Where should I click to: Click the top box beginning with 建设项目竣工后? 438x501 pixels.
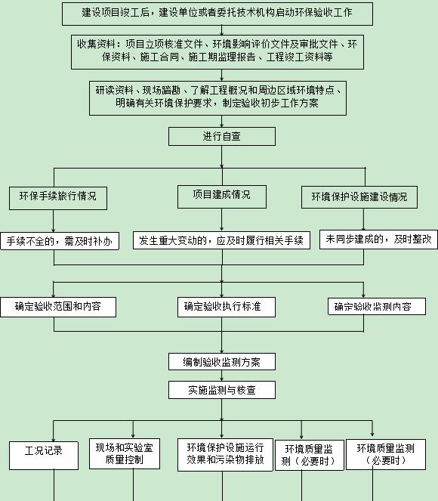pyautogui.click(x=217, y=14)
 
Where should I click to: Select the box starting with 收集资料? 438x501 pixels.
pyautogui.click(x=217, y=51)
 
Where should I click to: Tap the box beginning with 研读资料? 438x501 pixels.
pyautogui.click(x=217, y=97)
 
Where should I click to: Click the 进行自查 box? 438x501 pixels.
pyautogui.click(x=222, y=137)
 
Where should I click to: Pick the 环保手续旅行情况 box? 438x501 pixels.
pyautogui.click(x=58, y=198)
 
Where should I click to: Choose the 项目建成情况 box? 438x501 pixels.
pyautogui.click(x=222, y=196)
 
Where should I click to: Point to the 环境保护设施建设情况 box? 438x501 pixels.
pyautogui.click(x=359, y=197)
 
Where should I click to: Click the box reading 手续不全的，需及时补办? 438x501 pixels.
pyautogui.click(x=60, y=241)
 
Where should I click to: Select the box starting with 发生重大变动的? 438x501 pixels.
pyautogui.click(x=221, y=240)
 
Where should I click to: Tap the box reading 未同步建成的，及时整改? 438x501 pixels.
pyautogui.click(x=378, y=240)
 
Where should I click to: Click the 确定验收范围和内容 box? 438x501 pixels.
pyautogui.click(x=58, y=307)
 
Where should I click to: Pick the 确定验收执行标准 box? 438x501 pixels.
pyautogui.click(x=227, y=307)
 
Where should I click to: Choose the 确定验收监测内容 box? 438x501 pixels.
pyautogui.click(x=377, y=306)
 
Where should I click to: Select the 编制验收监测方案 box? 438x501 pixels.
pyautogui.click(x=222, y=362)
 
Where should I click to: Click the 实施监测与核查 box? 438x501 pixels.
pyautogui.click(x=222, y=390)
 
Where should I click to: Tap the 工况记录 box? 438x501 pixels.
pyautogui.click(x=44, y=456)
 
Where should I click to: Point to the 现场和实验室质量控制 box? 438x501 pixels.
pyautogui.click(x=125, y=453)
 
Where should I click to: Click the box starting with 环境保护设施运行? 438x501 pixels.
pyautogui.click(x=225, y=455)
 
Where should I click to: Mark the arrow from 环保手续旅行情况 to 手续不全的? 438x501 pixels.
pyautogui.click(x=54, y=221)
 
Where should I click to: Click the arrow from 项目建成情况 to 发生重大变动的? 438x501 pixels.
pyautogui.click(x=222, y=220)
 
